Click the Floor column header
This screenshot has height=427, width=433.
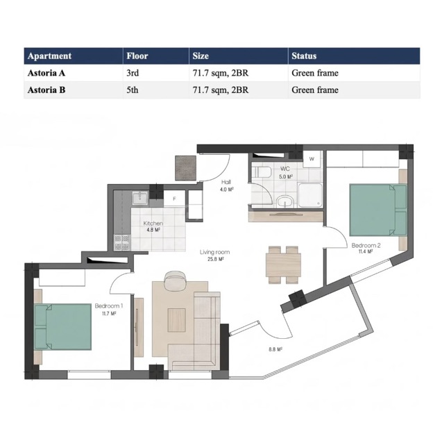[x=137, y=56]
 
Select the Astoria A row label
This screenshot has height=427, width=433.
[x=46, y=73]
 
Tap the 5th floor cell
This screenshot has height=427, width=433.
[x=133, y=90]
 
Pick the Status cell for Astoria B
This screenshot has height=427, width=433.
[x=315, y=90]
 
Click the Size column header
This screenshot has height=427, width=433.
[x=201, y=56]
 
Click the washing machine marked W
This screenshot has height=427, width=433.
[x=312, y=158]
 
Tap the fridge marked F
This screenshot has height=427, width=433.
[x=175, y=199]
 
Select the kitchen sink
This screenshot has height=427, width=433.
[x=140, y=198]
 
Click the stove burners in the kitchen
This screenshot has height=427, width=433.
[x=122, y=242]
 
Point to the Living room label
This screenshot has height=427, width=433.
[x=214, y=252]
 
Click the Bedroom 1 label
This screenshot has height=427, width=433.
[x=109, y=306]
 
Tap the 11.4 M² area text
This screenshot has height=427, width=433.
[x=366, y=251]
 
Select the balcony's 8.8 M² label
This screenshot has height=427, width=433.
[x=275, y=349]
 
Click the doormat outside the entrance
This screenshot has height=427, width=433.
[x=185, y=168]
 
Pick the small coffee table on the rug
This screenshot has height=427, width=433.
[x=177, y=320]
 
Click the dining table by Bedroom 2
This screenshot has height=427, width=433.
[x=283, y=265]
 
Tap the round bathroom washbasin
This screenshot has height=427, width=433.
[x=285, y=201]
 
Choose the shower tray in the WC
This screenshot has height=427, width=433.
[x=310, y=195]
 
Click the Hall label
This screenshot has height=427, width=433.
[x=226, y=182]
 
